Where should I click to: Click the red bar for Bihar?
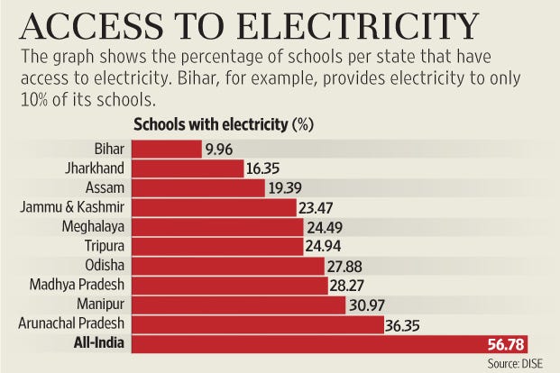point(168,148)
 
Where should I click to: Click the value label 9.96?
point(220,149)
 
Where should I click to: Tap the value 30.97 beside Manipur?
point(368,305)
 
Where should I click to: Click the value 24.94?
point(326,246)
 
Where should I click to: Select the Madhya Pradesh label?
point(81,285)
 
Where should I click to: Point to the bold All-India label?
point(101,343)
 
